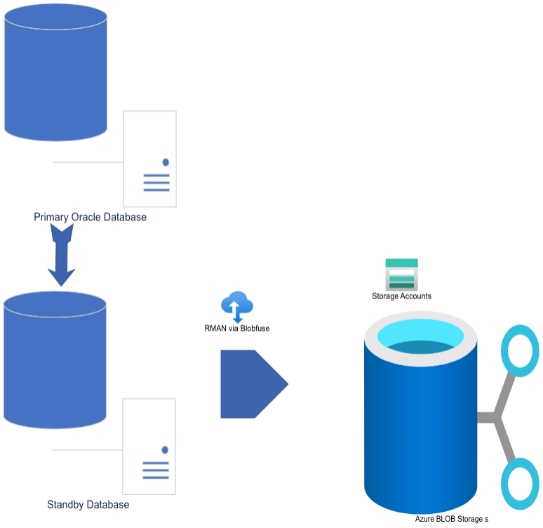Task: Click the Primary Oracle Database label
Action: (90, 217)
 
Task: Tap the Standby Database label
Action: (88, 505)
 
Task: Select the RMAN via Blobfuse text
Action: (237, 329)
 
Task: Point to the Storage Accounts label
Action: (401, 296)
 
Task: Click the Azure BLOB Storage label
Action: (452, 519)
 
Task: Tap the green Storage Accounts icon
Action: (402, 275)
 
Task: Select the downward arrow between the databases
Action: (61, 255)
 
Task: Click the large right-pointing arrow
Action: (255, 384)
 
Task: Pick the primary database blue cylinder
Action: (55, 72)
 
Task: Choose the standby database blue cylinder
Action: (55, 360)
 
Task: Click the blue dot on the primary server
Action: (166, 162)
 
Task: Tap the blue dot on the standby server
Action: (165, 449)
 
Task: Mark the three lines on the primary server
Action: (156, 183)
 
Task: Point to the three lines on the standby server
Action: (156, 470)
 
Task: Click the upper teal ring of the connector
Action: (504, 351)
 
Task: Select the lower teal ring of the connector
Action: (504, 484)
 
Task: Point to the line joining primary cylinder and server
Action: (88, 162)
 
